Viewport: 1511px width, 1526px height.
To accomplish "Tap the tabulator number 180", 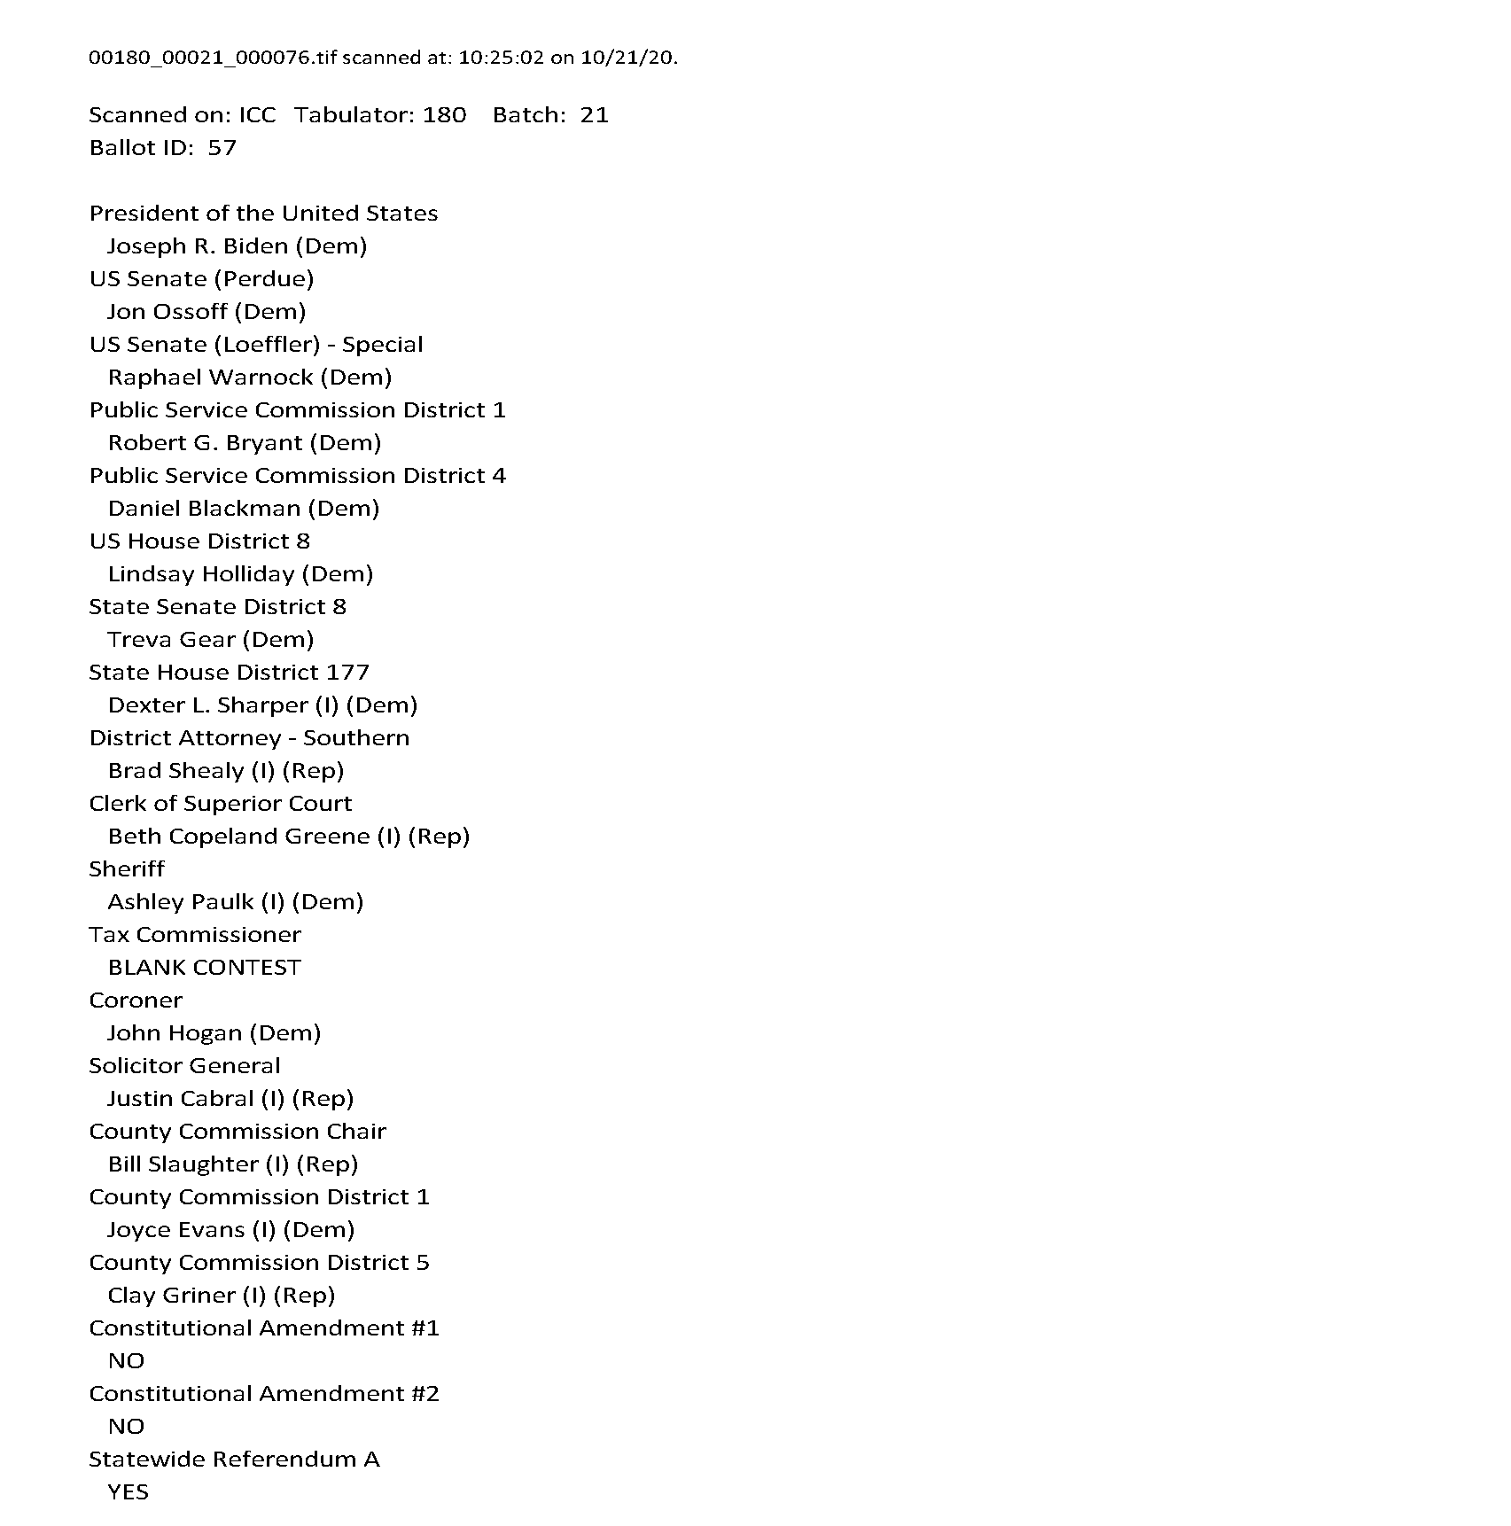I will point(444,115).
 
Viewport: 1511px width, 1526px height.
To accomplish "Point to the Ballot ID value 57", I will point(222,148).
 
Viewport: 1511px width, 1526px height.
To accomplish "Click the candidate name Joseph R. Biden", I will point(198,246).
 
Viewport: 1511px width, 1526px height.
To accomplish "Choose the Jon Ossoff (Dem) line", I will point(206,312).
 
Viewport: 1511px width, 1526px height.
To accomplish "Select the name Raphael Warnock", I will point(210,378).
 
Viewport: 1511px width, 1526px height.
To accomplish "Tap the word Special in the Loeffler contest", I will point(382,345).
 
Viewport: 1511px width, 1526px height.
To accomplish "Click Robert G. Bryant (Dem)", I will point(244,443).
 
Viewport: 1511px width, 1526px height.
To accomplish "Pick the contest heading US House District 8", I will point(199,541).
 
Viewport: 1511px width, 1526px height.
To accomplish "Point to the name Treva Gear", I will point(171,640).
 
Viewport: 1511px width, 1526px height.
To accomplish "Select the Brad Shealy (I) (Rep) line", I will point(225,771).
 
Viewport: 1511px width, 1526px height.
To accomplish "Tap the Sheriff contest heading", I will point(127,869).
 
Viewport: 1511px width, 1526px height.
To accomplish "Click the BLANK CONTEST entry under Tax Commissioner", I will point(204,968).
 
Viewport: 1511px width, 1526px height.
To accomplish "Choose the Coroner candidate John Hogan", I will point(175,1033).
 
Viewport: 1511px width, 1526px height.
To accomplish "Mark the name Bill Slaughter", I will point(183,1164).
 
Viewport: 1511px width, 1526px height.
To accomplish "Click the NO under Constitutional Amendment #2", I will point(126,1427).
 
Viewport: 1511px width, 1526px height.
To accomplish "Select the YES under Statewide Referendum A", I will point(128,1492).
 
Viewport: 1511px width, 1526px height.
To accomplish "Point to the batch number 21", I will point(594,115).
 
